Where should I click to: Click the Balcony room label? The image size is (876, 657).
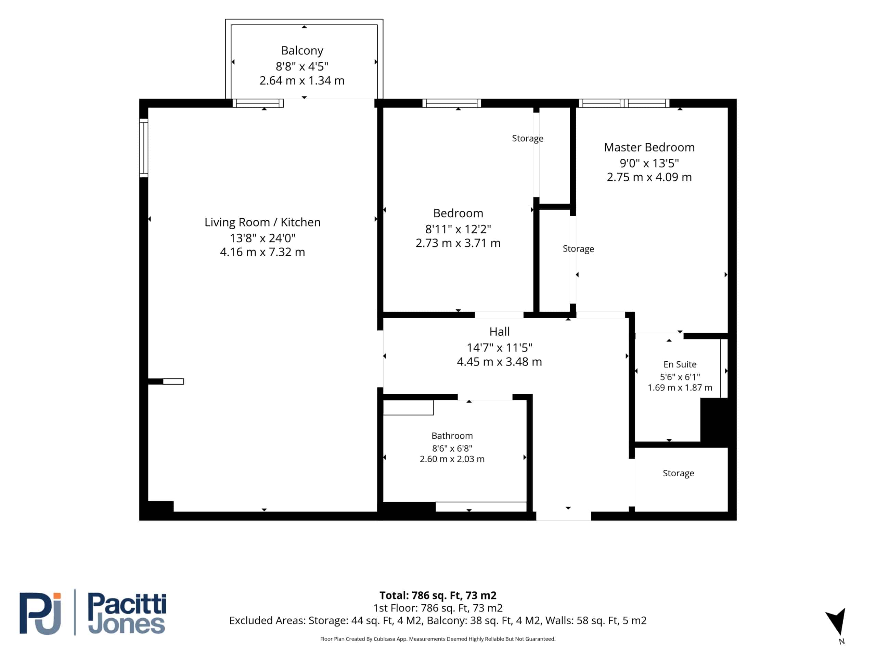click(x=302, y=51)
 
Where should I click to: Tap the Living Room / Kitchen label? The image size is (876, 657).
click(x=262, y=222)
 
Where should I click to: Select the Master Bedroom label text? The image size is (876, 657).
click(x=649, y=147)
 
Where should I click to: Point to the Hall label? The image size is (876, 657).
click(x=499, y=332)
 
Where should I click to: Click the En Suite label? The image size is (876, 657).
click(x=680, y=364)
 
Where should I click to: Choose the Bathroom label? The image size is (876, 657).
click(x=452, y=436)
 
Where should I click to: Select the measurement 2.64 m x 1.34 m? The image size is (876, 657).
click(x=302, y=80)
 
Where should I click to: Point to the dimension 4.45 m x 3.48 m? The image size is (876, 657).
click(x=499, y=362)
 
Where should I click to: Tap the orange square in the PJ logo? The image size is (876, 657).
click(x=57, y=596)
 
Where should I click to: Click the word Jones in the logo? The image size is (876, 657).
click(x=126, y=624)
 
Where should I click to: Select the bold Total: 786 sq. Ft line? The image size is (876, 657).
click(x=438, y=595)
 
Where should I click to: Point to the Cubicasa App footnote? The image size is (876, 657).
click(x=438, y=639)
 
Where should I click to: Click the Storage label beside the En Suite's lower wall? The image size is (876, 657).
click(x=678, y=473)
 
